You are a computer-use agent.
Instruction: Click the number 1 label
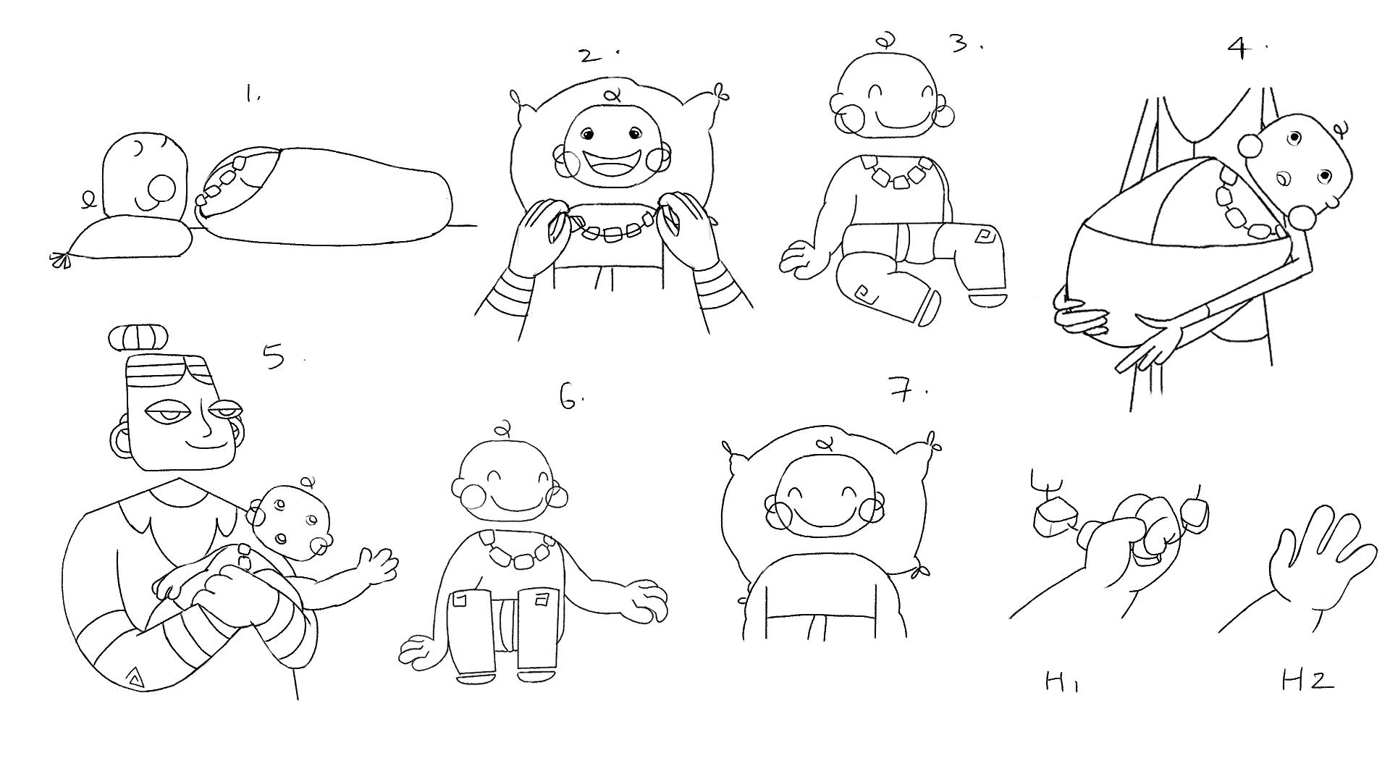[252, 93]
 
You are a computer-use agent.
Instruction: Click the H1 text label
[1062, 682]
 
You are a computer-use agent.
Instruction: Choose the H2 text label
[1307, 681]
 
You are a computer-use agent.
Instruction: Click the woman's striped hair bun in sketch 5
[138, 338]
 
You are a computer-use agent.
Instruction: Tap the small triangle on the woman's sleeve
[134, 678]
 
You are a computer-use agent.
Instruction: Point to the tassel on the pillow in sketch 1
[61, 259]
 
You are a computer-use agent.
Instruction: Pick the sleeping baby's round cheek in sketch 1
[161, 189]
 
